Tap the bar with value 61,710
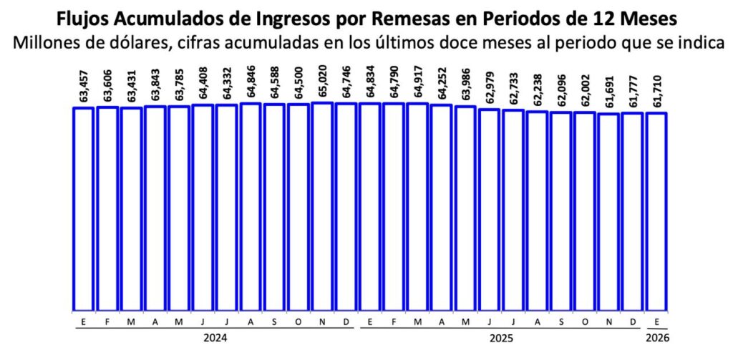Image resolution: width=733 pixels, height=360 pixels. pos(656,211)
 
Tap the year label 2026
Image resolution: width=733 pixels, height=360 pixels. pos(656,336)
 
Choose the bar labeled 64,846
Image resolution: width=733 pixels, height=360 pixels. pos(251,207)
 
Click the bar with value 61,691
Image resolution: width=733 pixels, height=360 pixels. pos(608,212)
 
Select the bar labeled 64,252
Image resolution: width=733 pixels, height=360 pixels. pos(442,208)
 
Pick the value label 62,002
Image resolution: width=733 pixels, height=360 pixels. pos(585,90)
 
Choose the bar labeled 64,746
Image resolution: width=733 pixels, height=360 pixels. pos(346,207)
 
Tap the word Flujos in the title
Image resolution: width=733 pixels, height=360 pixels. pos(84,16)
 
